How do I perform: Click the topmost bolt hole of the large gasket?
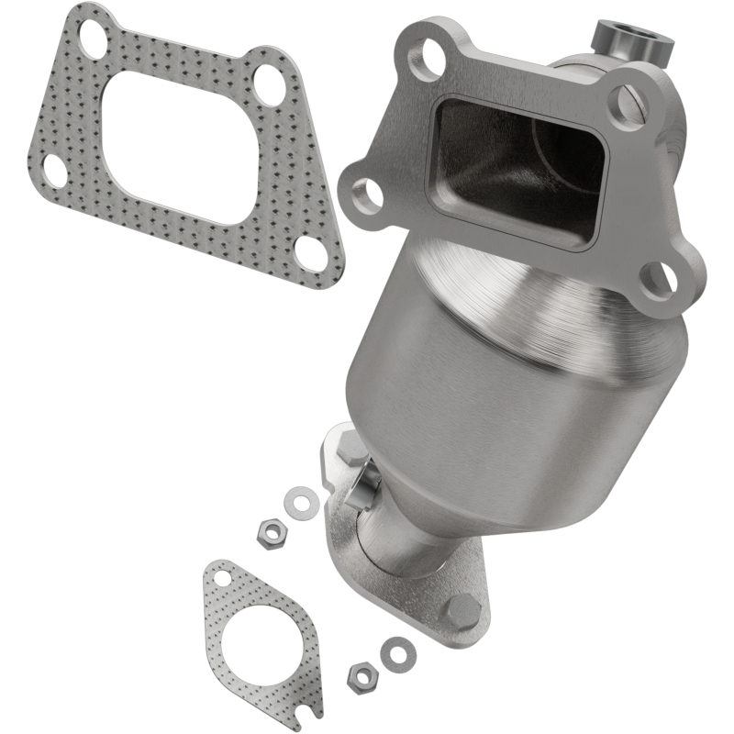92,34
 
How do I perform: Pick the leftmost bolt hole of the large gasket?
54,170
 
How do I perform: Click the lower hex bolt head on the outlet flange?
462,609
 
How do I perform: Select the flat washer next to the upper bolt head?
300,501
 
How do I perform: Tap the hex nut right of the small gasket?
360,676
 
